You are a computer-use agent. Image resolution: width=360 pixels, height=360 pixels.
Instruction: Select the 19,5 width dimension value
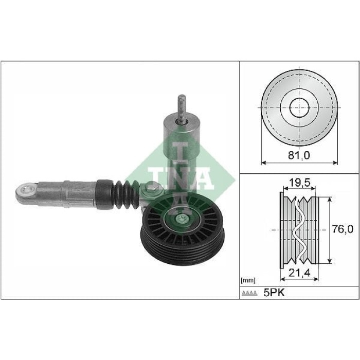[x=299, y=184]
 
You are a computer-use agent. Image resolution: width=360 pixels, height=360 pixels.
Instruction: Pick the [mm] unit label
[x=248, y=281]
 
